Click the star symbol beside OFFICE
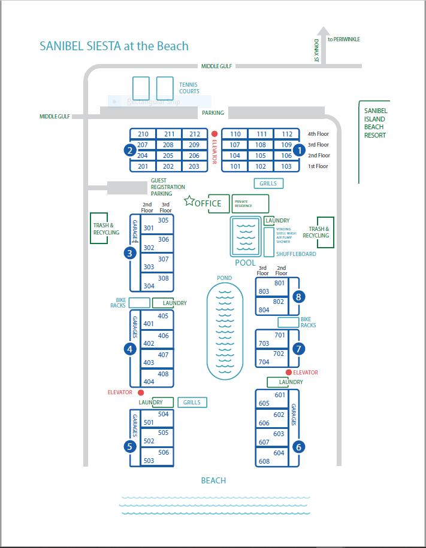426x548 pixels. pyautogui.click(x=189, y=201)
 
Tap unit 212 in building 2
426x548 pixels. pyautogui.click(x=194, y=134)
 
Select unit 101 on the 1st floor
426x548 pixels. pyautogui.click(x=235, y=166)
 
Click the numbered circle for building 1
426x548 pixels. pyautogui.click(x=299, y=150)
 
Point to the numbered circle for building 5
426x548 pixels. pyautogui.click(x=129, y=446)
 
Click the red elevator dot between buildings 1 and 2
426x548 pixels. pyautogui.click(x=214, y=133)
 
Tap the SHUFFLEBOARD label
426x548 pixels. pyautogui.click(x=296, y=254)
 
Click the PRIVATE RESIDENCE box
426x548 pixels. pyautogui.click(x=250, y=203)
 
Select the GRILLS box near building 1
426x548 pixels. pyautogui.click(x=268, y=184)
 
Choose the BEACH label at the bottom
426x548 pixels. pyautogui.click(x=213, y=480)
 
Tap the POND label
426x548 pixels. pyautogui.click(x=225, y=278)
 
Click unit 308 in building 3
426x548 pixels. pyautogui.click(x=163, y=278)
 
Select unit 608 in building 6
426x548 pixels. pyautogui.click(x=264, y=461)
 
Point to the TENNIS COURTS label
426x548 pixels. pyautogui.click(x=189, y=88)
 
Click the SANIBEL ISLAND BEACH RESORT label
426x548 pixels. pyautogui.click(x=375, y=123)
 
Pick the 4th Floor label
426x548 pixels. pyautogui.click(x=318, y=134)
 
